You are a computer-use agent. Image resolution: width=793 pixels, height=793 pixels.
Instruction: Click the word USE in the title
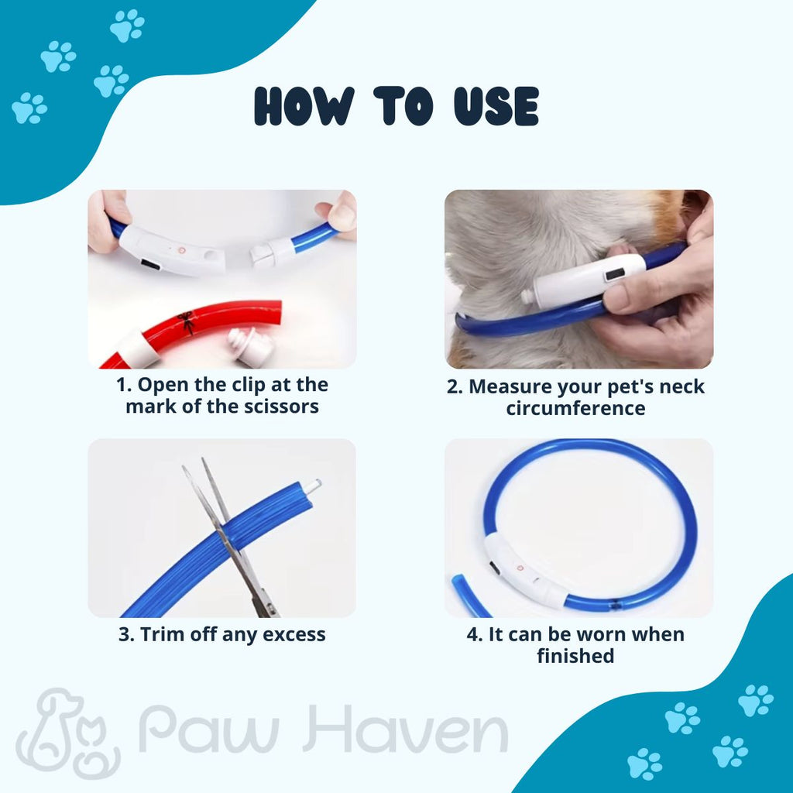pyautogui.click(x=496, y=106)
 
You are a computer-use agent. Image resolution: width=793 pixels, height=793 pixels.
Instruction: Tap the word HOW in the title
pyautogui.click(x=304, y=106)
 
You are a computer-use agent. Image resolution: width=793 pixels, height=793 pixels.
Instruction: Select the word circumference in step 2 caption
pyautogui.click(x=575, y=409)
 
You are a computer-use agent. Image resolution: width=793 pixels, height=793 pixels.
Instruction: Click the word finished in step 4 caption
pyautogui.click(x=575, y=656)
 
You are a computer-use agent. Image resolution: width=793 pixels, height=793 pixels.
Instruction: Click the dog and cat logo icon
pyautogui.click(x=68, y=732)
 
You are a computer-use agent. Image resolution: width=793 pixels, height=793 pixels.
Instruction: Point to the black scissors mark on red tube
pyautogui.click(x=186, y=323)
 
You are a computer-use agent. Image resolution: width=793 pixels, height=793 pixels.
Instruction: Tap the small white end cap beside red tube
pyautogui.click(x=251, y=346)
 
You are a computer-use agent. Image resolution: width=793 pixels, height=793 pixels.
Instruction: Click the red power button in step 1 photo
pyautogui.click(x=181, y=250)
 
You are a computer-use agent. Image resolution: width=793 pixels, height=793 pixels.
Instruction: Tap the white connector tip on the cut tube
pyautogui.click(x=312, y=487)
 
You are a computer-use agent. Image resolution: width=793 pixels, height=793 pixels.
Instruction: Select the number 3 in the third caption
pyautogui.click(x=125, y=634)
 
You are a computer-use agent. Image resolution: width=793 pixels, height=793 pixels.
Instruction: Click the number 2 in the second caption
pyautogui.click(x=454, y=387)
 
